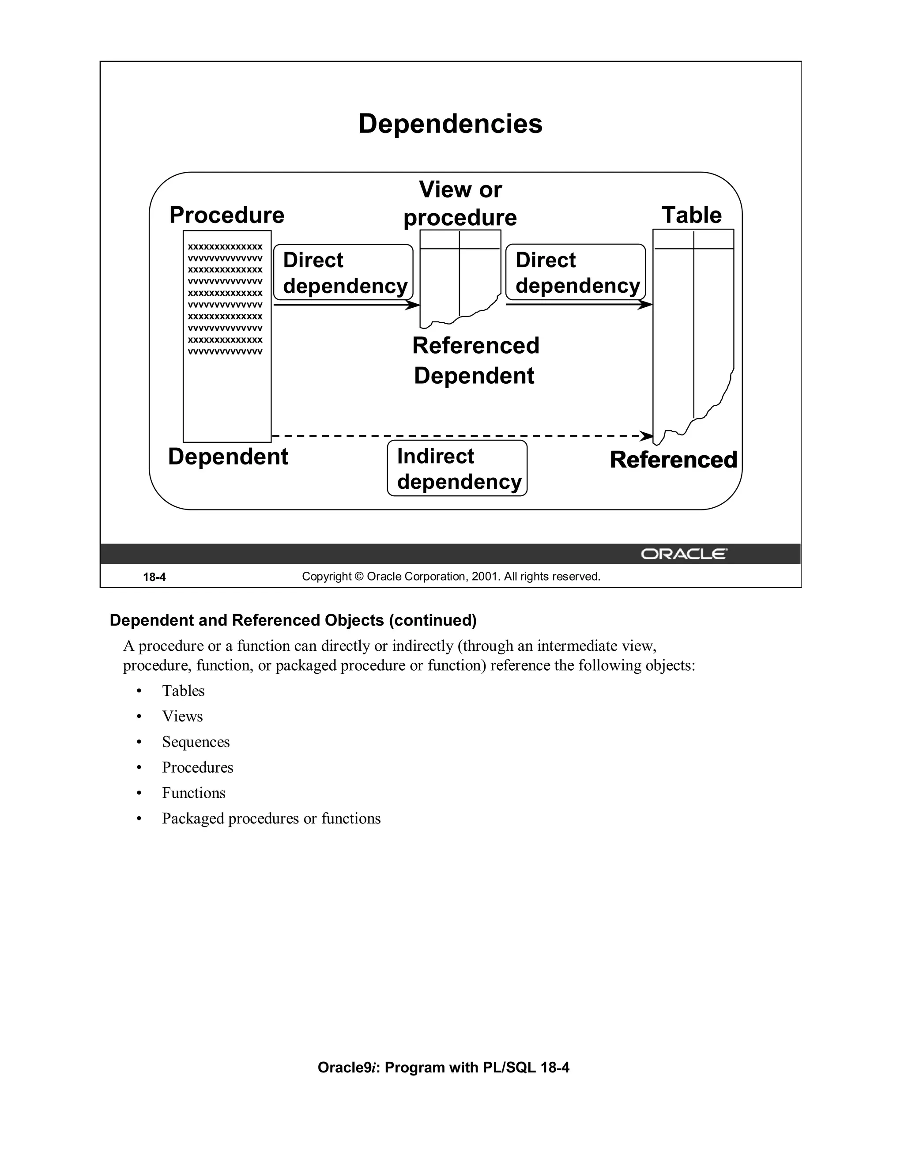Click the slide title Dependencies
[450, 124]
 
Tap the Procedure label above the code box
[226, 215]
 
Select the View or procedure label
[460, 204]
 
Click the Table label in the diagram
[691, 215]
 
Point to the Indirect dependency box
[457, 468]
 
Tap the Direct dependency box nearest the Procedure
[343, 272]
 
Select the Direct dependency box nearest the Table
[576, 272]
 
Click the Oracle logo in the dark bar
[683, 554]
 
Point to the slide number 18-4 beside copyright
[154, 577]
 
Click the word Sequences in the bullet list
[196, 742]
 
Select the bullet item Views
[182, 716]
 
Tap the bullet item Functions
[193, 793]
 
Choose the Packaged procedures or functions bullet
[271, 819]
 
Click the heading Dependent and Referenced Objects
[293, 620]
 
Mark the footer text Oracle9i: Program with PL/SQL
[444, 1068]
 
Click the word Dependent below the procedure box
[228, 457]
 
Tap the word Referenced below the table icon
[673, 460]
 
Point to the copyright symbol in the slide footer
[359, 577]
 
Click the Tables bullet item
[183, 691]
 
